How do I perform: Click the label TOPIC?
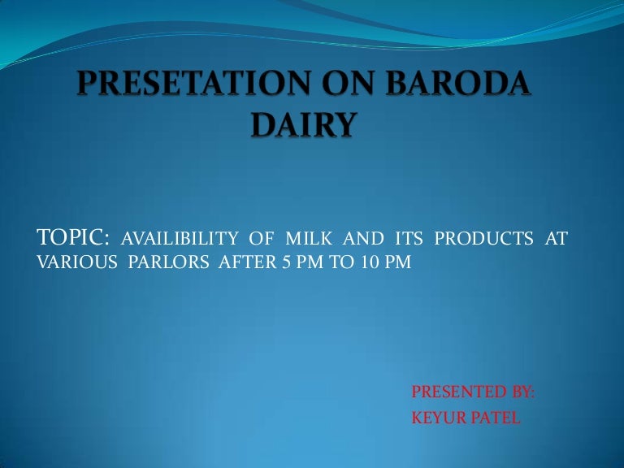75,237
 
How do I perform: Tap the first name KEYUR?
438,418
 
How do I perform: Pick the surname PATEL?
493,418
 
